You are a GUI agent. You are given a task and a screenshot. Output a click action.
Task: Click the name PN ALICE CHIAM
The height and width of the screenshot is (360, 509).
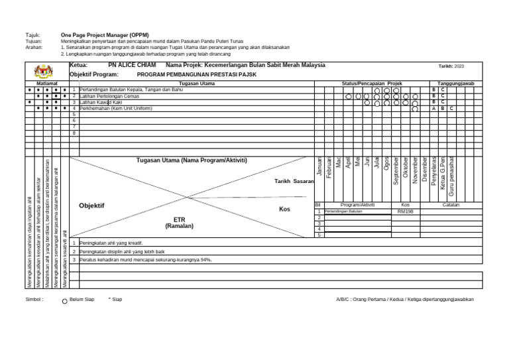coord(131,66)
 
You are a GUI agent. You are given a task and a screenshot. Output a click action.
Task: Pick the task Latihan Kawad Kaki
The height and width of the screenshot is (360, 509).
coord(101,102)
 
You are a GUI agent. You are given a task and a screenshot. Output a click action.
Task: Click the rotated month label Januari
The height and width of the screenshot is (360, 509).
coord(319,167)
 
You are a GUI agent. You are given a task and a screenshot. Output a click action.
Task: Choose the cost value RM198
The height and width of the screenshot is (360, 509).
coord(406,211)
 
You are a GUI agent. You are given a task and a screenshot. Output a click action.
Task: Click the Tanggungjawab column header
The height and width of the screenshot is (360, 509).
coord(456,84)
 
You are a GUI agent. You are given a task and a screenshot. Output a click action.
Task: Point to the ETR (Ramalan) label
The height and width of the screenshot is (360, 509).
coord(179,222)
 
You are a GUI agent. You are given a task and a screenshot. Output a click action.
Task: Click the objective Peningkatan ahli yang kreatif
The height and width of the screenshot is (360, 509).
coord(111,243)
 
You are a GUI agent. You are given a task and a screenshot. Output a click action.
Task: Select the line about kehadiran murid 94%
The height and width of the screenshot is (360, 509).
coord(136,260)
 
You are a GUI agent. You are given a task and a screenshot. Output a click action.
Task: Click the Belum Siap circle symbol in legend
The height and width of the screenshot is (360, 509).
coord(64,300)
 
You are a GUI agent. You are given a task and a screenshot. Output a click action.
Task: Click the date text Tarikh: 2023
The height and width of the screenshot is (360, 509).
coord(451,66)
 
